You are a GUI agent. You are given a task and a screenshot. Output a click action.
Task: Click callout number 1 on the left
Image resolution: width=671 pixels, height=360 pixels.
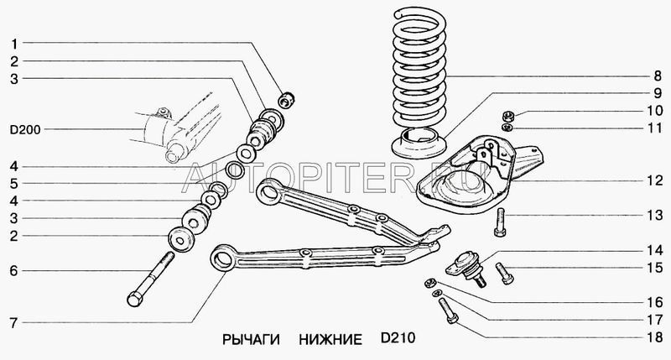pos(14,44)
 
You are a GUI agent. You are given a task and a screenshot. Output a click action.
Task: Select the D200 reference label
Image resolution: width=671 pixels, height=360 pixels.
pos(25,130)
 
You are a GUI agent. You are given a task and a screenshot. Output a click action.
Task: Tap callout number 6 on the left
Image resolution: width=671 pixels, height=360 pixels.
pos(14,271)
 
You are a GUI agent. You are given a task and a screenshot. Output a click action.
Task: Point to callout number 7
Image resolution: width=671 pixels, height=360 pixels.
pos(14,323)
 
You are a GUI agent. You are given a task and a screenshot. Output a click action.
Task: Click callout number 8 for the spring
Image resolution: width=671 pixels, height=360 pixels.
pos(658,76)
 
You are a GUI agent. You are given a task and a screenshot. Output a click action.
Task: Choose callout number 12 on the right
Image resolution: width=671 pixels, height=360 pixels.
pos(655,180)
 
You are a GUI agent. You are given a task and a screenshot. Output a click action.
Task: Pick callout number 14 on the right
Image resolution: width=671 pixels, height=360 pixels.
pos(655,250)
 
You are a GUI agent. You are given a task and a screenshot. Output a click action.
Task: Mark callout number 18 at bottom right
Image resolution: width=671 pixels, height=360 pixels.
pos(655,337)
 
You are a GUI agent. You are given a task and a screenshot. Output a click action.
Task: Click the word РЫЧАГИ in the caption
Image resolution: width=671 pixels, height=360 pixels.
pos(251,340)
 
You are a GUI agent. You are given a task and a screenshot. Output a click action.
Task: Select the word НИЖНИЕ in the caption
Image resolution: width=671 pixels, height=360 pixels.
pos(330,340)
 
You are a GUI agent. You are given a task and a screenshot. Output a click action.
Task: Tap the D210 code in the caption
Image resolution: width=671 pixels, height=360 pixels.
pos(398,338)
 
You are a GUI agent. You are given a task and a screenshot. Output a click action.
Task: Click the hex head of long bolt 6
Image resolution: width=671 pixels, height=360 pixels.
pos(135,299)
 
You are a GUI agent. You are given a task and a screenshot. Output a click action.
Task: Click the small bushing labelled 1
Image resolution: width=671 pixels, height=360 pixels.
pos(286,100)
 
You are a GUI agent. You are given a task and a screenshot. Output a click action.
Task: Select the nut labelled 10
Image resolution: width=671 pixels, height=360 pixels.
pos(507,115)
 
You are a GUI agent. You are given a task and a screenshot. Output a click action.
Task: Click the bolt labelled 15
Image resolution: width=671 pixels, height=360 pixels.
pos(505,273)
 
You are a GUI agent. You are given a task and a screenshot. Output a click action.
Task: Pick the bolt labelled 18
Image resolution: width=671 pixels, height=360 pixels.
pos(448,311)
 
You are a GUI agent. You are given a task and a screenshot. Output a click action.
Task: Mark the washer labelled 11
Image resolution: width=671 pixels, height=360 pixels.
pos(507,128)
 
